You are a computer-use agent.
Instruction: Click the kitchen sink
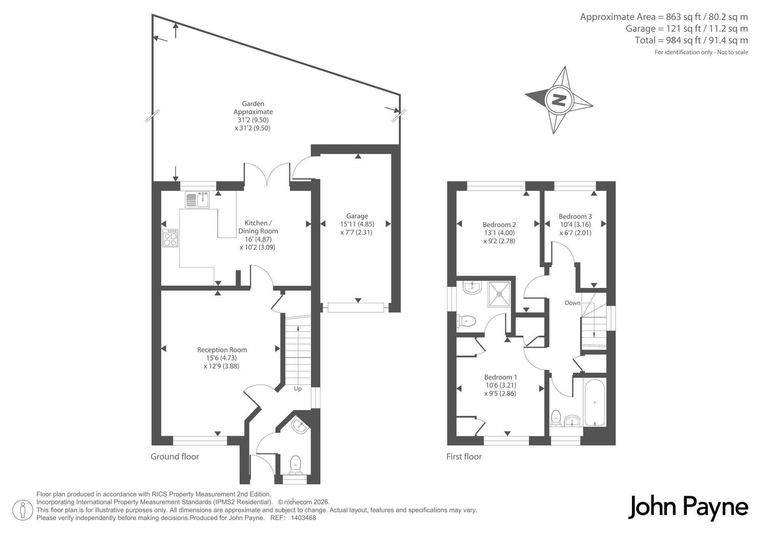(x=197, y=200)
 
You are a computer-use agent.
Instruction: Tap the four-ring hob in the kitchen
(x=170, y=238)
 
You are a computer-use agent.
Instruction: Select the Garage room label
(x=357, y=216)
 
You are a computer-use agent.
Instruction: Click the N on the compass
(x=559, y=100)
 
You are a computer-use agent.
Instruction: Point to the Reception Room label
(x=222, y=350)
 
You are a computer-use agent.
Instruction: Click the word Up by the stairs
(x=298, y=389)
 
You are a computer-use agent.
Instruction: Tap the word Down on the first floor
(x=573, y=303)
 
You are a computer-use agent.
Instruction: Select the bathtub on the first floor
(x=595, y=402)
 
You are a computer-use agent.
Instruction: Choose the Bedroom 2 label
(x=499, y=224)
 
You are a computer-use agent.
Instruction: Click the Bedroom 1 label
(x=500, y=377)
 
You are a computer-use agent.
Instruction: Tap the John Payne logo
(x=688, y=507)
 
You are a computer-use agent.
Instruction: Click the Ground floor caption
(x=175, y=457)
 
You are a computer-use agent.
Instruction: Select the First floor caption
(x=464, y=457)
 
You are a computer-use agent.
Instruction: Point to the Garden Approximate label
(x=253, y=108)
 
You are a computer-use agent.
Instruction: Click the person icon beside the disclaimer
(x=23, y=509)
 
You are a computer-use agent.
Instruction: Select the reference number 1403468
(x=303, y=518)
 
